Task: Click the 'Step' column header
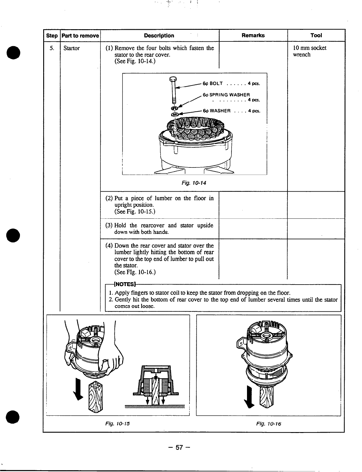tap(52, 36)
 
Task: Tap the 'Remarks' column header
tap(253, 35)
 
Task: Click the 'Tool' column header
tap(316, 35)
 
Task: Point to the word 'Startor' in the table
tap(72, 48)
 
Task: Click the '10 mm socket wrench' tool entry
tap(310, 51)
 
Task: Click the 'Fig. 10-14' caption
tap(194, 183)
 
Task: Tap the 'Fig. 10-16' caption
tap(268, 423)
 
